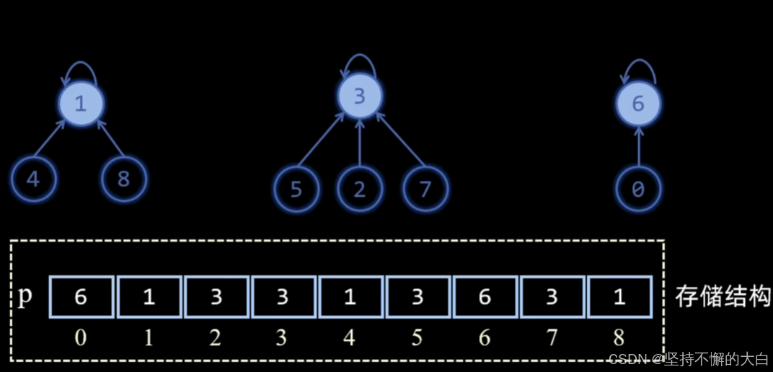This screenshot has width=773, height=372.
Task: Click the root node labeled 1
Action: point(80,105)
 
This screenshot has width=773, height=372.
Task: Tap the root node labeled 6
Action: point(638,105)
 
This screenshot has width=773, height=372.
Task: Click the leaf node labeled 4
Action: point(33,179)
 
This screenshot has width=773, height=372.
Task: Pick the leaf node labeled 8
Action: point(123,179)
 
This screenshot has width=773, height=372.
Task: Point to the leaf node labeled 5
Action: point(296,190)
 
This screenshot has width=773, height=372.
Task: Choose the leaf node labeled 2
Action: point(359,190)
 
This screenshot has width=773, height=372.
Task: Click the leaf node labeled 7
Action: point(425,190)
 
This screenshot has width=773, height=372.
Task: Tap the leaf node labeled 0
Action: point(638,190)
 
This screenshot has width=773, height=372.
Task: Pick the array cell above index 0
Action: point(81,297)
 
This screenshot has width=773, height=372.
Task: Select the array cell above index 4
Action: point(350,297)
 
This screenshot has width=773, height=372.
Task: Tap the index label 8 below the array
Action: point(619,337)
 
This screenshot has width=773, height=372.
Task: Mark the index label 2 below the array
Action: point(215,337)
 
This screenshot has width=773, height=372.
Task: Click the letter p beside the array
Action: point(25,296)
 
